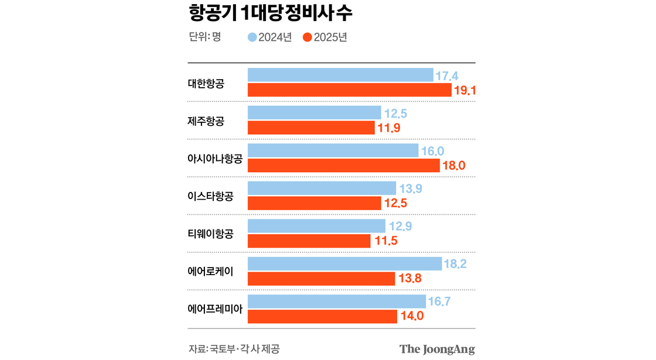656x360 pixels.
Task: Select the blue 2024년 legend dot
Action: point(252,37)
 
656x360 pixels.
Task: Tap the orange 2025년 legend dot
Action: point(307,37)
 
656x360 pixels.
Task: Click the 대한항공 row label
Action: point(206,83)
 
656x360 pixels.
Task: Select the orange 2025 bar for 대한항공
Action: point(349,90)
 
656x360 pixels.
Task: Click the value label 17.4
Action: point(446,76)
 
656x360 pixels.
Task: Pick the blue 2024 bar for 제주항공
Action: point(315,113)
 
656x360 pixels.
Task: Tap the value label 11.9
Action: point(389,128)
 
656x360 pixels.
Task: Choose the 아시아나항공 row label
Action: point(214,159)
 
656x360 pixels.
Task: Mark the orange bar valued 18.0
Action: point(343,166)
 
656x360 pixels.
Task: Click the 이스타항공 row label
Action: point(210,196)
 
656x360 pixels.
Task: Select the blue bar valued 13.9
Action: point(322,188)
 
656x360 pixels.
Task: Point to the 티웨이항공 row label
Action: point(210,234)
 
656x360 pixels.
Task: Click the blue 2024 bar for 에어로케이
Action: point(344,264)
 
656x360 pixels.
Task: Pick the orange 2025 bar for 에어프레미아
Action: point(322,317)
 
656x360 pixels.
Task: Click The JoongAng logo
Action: point(437,349)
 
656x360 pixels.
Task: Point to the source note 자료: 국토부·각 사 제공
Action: point(234,349)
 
